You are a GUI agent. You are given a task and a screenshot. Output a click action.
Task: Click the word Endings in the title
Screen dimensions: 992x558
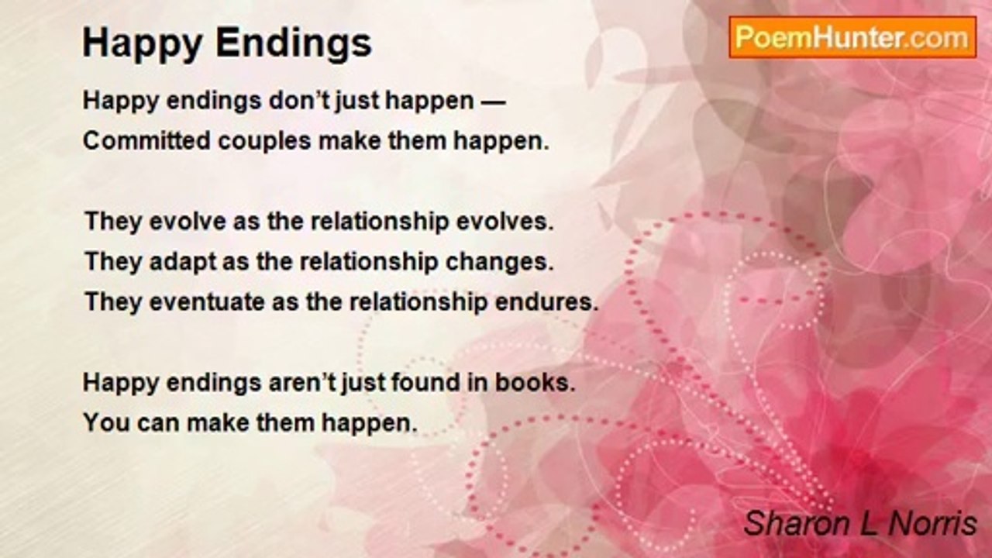point(294,44)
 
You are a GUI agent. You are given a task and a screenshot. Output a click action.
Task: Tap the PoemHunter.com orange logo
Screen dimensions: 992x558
point(852,38)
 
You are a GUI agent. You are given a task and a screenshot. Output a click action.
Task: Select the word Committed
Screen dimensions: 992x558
point(146,141)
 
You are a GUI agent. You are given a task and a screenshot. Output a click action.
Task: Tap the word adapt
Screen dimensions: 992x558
point(183,262)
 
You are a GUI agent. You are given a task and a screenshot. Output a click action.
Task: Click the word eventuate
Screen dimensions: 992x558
point(207,302)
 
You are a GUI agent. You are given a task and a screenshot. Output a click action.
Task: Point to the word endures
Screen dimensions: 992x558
point(546,302)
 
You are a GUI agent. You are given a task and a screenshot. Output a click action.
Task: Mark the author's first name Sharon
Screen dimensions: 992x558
point(798,523)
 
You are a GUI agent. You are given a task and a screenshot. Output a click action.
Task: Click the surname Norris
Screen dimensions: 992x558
point(932,523)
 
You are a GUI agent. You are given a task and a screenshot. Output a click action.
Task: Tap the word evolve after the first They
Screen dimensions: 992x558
point(188,222)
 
